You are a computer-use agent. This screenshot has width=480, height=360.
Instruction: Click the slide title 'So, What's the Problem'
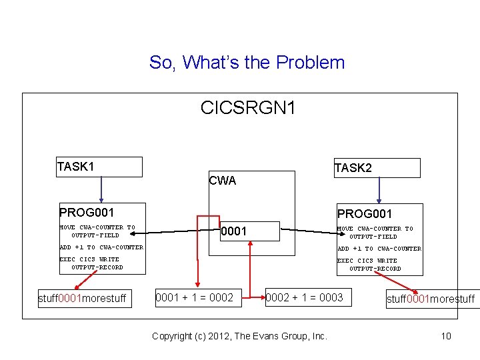click(247, 63)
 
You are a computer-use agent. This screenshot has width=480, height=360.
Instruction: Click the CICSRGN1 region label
click(248, 107)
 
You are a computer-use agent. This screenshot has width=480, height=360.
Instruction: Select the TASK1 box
click(99, 167)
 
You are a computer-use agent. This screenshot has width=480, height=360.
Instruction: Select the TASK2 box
click(377, 168)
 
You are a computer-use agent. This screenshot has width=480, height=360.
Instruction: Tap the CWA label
click(222, 181)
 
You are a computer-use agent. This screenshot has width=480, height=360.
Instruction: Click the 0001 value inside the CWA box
click(234, 231)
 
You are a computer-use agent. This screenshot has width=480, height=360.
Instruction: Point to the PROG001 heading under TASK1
click(87, 213)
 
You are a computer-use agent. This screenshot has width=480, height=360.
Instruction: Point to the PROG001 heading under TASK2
click(365, 214)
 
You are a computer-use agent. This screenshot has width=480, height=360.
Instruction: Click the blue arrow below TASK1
click(101, 189)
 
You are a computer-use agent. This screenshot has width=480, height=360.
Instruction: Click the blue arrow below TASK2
click(379, 191)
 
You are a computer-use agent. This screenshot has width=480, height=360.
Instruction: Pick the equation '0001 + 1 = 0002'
click(194, 297)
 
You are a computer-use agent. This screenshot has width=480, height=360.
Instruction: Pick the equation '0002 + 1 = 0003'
click(304, 297)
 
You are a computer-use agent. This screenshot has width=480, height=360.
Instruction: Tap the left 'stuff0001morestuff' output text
click(82, 298)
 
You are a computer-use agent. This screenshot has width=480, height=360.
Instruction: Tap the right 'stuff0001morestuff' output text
click(431, 299)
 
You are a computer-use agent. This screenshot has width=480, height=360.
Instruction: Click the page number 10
click(446, 336)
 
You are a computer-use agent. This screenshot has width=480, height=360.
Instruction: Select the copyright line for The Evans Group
click(239, 336)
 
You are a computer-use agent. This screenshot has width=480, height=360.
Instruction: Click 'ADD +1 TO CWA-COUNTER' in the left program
click(101, 247)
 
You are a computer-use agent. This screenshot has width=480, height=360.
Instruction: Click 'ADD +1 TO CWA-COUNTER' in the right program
click(379, 249)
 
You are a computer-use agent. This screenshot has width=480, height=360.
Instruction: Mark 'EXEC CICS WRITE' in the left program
click(89, 259)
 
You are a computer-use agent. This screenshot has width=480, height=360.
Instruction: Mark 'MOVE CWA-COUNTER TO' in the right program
click(375, 229)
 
